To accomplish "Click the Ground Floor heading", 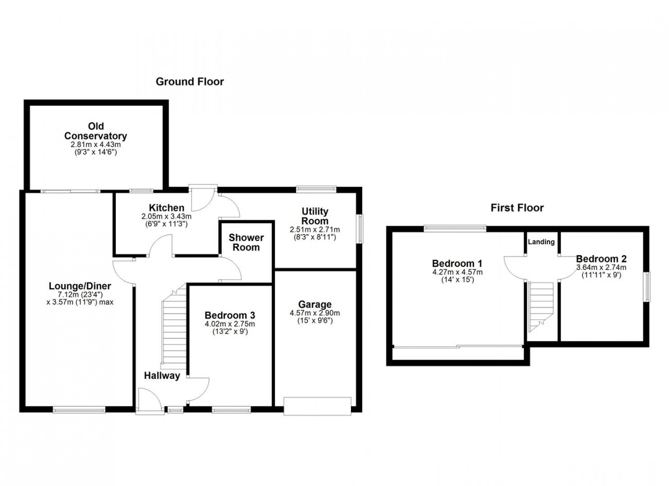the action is [x=190, y=82].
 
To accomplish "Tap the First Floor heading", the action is [x=517, y=208].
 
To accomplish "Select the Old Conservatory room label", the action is [x=96, y=131].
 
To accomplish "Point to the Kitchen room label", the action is [x=167, y=207].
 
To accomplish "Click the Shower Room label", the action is [x=246, y=242].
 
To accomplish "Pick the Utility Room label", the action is [x=315, y=216].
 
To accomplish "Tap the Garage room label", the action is [x=315, y=304].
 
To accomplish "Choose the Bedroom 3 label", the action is [x=230, y=315].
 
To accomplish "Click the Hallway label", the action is [x=162, y=375].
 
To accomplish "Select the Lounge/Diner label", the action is [x=80, y=286].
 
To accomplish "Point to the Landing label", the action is [x=541, y=242].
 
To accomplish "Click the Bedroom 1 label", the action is [x=457, y=264].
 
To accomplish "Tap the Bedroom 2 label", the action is [x=601, y=259].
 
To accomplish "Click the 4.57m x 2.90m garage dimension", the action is [x=315, y=313].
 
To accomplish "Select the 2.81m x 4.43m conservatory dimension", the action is [x=96, y=145].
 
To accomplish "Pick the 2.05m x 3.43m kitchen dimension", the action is [x=166, y=216].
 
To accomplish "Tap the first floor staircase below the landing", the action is [x=540, y=307].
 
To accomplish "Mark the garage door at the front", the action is [x=318, y=406].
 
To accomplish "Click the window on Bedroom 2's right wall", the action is [x=646, y=286].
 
